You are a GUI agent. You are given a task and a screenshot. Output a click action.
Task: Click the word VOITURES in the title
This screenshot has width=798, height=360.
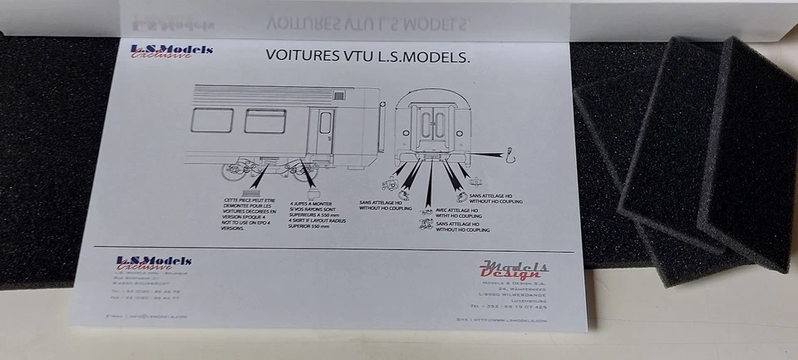click(302, 57)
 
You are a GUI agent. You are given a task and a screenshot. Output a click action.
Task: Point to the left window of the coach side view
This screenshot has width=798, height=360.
click(212, 120)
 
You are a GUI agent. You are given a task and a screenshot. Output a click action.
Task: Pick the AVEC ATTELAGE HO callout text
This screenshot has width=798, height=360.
click(459, 212)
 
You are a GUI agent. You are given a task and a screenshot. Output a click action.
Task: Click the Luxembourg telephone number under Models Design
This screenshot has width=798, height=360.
click(520, 306)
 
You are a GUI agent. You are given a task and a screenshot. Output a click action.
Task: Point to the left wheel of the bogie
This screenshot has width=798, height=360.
click(229, 171)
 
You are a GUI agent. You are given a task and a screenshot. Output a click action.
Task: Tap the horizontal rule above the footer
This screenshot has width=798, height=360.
click(332, 250)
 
